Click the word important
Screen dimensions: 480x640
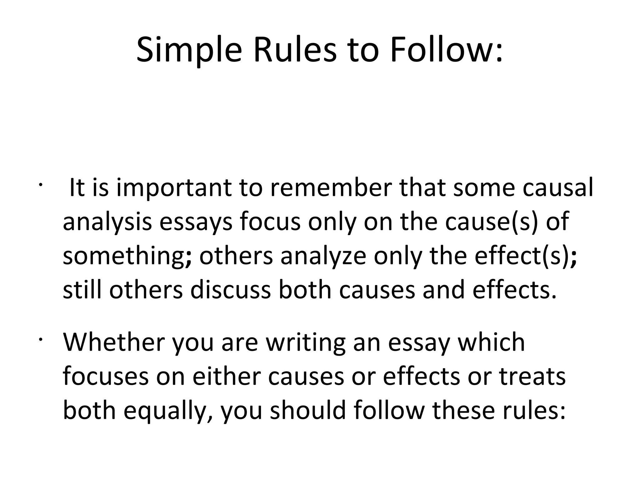tap(174, 188)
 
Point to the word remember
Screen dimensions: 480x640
tap(331, 188)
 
